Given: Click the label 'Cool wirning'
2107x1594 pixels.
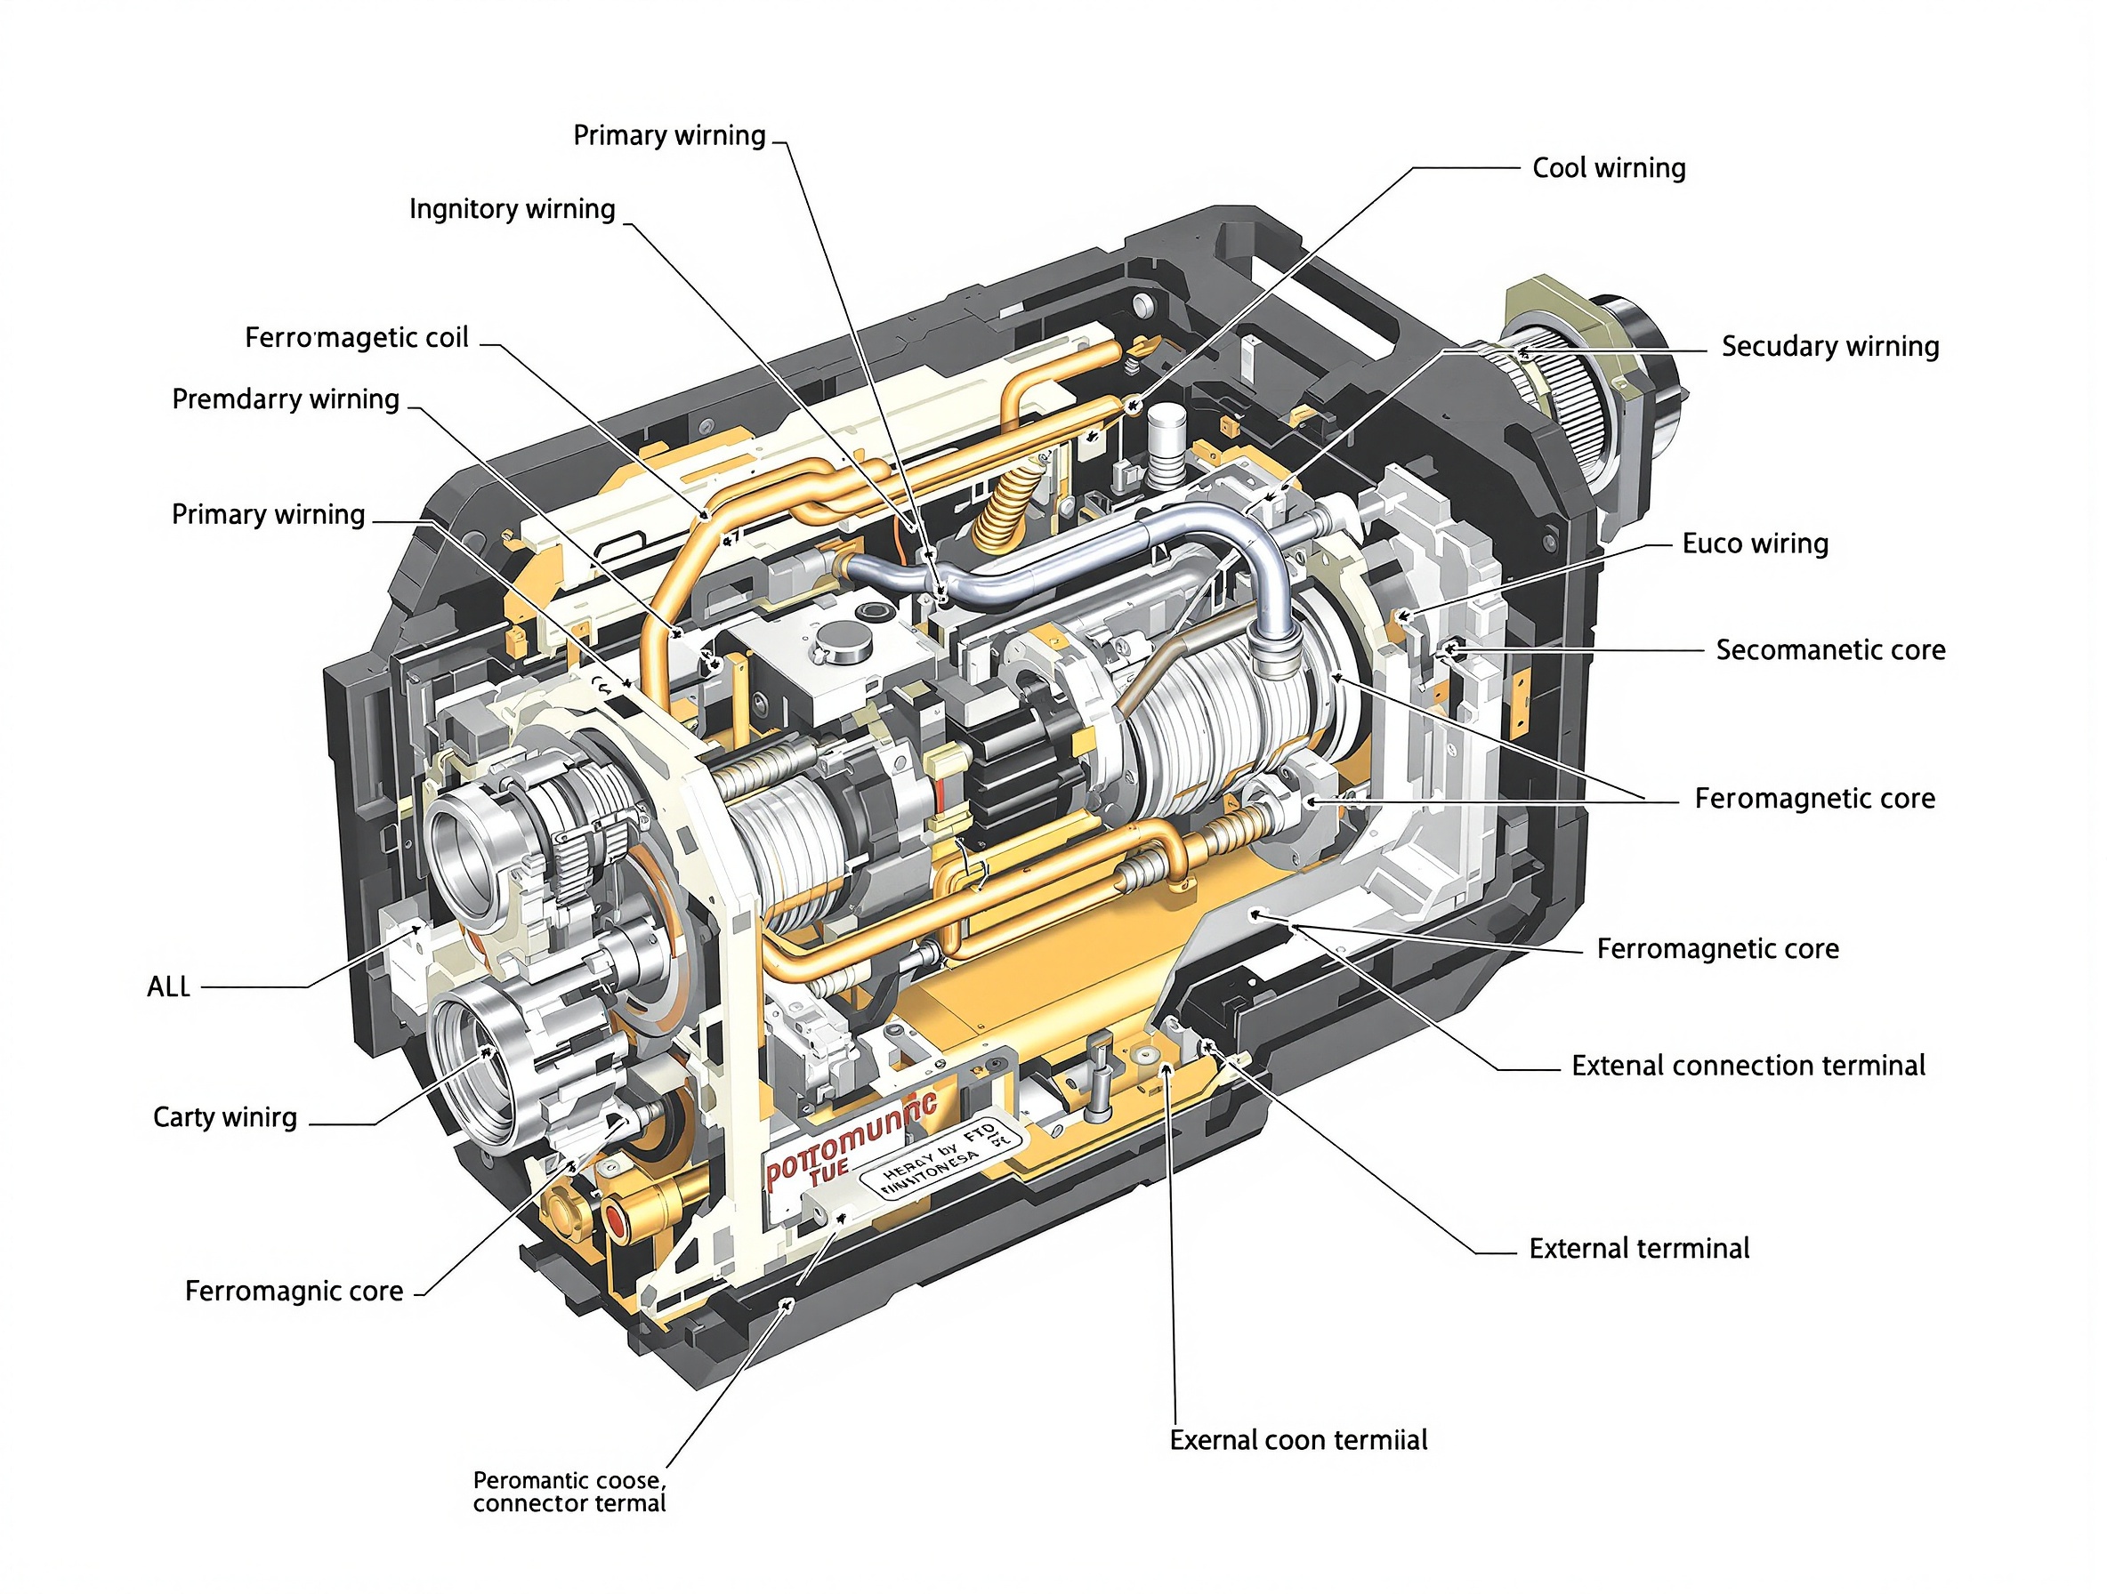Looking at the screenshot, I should pyautogui.click(x=1608, y=168).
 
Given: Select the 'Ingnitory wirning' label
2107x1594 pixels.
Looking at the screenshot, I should pyautogui.click(x=512, y=210).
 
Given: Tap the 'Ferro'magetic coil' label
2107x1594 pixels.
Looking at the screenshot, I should pyautogui.click(x=356, y=338).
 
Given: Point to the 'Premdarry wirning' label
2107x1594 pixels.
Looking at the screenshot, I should pyautogui.click(x=285, y=399).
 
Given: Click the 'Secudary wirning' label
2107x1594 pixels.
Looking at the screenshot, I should pyautogui.click(x=1828, y=347).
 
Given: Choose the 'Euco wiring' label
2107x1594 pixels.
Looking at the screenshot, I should pyautogui.click(x=1755, y=543).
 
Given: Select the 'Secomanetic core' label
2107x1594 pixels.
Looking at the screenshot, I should pyautogui.click(x=1829, y=650).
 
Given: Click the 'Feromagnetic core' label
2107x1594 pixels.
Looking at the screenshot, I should pyautogui.click(x=1813, y=798).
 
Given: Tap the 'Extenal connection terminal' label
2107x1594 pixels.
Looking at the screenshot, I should pyautogui.click(x=1748, y=1066).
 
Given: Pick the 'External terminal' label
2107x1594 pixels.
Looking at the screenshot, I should pyautogui.click(x=1638, y=1248).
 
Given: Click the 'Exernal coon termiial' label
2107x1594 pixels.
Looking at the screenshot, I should pyautogui.click(x=1297, y=1440).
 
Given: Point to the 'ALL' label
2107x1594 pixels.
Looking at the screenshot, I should pyautogui.click(x=168, y=986).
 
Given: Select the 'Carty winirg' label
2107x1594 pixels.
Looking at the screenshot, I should pyautogui.click(x=225, y=1117).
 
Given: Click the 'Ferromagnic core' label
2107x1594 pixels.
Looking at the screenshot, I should pyautogui.click(x=294, y=1292).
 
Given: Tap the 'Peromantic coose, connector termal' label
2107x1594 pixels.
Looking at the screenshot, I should pyautogui.click(x=569, y=1491).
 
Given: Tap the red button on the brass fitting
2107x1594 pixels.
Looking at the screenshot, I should pyautogui.click(x=612, y=1220).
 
